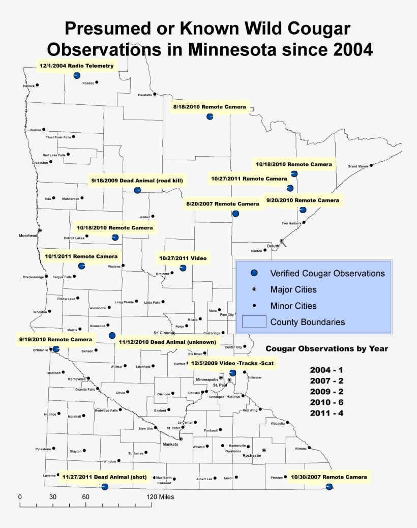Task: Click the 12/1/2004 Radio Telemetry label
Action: [78, 66]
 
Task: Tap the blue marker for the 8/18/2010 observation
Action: [210, 117]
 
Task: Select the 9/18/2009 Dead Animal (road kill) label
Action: [137, 181]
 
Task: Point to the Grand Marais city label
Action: [358, 166]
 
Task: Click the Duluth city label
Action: [273, 245]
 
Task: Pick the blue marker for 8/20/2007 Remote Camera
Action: [235, 214]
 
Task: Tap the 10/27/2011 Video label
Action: [183, 258]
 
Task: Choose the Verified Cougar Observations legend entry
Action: [327, 273]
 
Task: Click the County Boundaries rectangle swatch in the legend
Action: [254, 321]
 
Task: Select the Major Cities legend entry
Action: [293, 289]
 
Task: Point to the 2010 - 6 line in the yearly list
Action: [326, 402]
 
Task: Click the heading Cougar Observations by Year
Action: [327, 348]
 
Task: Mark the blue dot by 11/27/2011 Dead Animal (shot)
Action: [105, 487]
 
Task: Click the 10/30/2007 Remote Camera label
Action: [328, 477]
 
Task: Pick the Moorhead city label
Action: [28, 236]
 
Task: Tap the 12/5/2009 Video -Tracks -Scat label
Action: [232, 363]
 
